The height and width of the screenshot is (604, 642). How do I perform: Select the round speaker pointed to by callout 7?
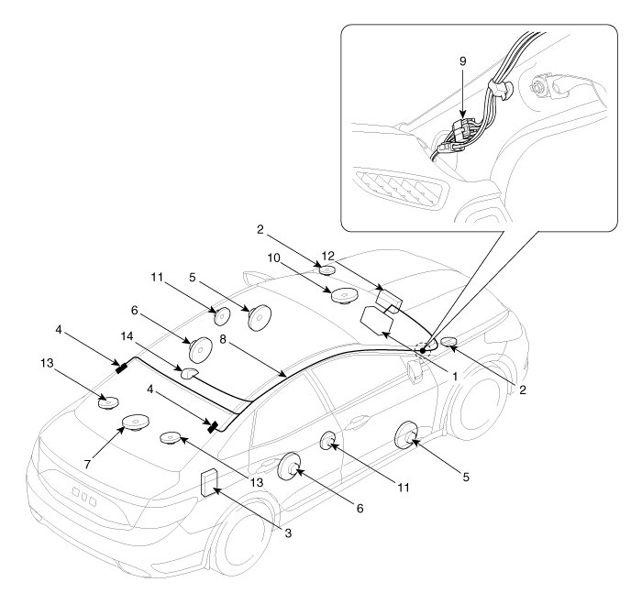click(x=136, y=423)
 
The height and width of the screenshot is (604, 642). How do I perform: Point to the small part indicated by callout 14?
click(x=189, y=373)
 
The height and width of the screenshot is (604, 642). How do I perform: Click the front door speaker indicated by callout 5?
click(x=407, y=434)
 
